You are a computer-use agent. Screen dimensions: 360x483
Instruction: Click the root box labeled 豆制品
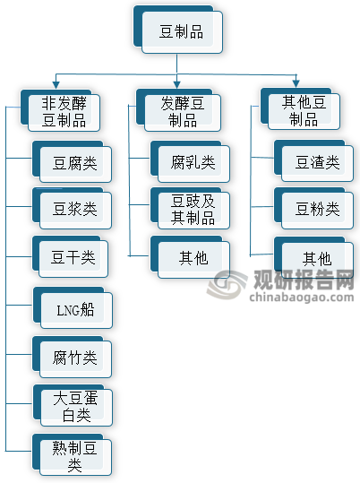coord(178,30)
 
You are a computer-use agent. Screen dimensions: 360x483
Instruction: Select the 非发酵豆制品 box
coord(60,110)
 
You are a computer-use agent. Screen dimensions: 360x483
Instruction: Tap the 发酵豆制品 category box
coord(178,110)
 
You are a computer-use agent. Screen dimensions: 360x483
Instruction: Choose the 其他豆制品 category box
coord(300,109)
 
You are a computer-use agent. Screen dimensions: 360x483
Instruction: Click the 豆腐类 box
coord(72,161)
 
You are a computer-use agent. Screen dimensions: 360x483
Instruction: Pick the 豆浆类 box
coord(72,208)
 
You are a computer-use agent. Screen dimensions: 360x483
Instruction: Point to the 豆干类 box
coord(70,256)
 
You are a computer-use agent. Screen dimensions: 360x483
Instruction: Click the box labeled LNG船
coord(73,307)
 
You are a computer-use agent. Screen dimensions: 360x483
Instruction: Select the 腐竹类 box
coord(72,357)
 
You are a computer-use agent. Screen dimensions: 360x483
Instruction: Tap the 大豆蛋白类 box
coord(73,405)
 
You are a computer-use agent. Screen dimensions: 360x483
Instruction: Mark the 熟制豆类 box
coord(72,454)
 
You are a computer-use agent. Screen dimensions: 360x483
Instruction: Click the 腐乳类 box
coord(191,161)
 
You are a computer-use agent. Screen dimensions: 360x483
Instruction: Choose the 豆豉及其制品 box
coord(191,208)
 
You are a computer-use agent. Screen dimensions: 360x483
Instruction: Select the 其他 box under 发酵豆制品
coord(191,257)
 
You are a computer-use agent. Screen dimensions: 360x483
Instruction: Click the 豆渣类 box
coord(313,160)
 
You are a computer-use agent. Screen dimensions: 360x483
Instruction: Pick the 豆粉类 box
coord(313,208)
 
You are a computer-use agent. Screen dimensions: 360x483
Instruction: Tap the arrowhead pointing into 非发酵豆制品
coord(56,85)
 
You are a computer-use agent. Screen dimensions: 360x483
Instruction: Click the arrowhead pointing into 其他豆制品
coord(296,84)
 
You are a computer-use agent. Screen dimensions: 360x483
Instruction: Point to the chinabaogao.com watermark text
coord(302,298)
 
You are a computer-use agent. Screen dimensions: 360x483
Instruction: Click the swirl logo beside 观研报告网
coord(227,284)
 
